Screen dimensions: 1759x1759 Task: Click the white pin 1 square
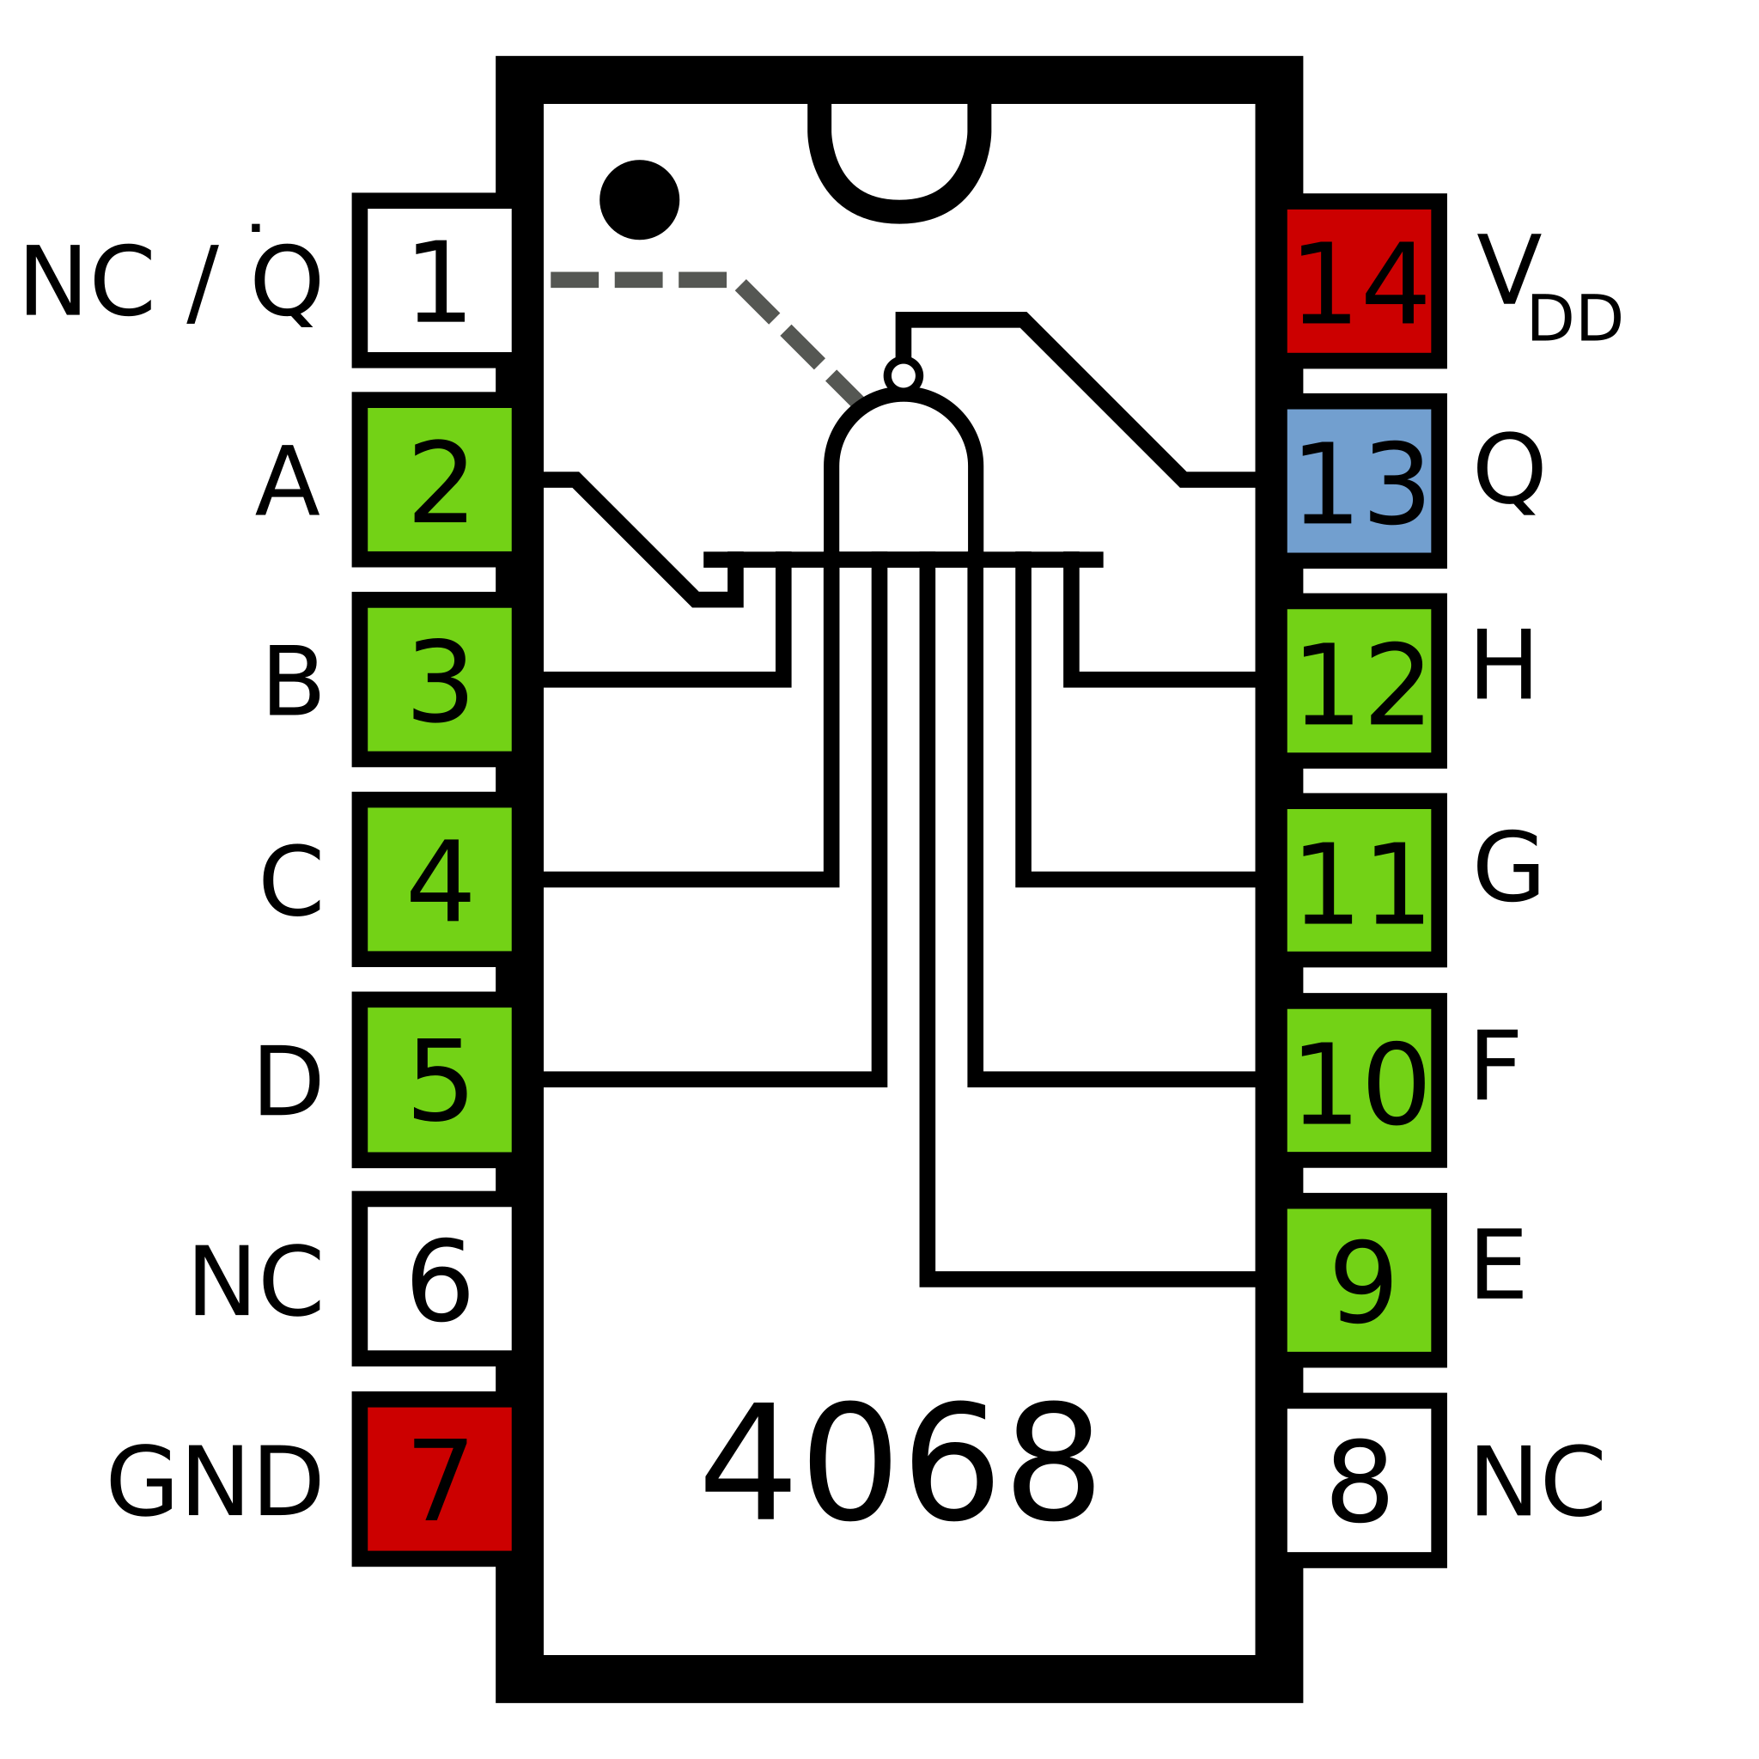(x=439, y=280)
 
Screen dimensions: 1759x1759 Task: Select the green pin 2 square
(x=439, y=480)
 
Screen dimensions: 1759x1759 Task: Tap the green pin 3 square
(x=439, y=679)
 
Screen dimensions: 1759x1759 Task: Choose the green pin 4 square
(x=439, y=879)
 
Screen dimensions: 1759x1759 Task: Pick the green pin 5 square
(x=439, y=1080)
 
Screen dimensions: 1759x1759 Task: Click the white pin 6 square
(x=439, y=1278)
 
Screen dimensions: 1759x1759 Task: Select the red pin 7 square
(x=439, y=1479)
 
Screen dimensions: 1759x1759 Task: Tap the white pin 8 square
(x=1359, y=1480)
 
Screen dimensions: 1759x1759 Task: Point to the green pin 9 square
(x=1359, y=1280)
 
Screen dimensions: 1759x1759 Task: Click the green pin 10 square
(x=1359, y=1080)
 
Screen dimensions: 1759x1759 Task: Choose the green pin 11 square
(x=1359, y=880)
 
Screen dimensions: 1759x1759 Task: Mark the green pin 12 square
(x=1359, y=681)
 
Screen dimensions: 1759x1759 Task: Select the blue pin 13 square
(x=1359, y=481)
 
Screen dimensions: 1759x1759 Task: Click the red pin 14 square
(x=1359, y=282)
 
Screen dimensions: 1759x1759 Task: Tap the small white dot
(x=904, y=375)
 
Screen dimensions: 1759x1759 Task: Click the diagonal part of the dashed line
(x=801, y=345)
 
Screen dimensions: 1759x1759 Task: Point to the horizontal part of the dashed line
(x=637, y=279)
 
